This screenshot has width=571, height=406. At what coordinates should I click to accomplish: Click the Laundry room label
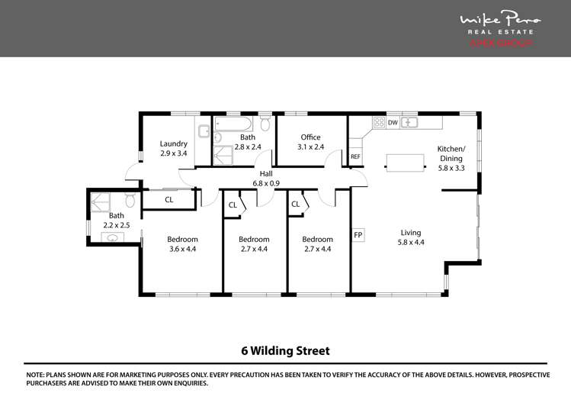pos(173,148)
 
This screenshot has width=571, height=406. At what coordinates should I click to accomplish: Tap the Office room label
pos(309,142)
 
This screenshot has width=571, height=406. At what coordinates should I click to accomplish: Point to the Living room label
pos(411,237)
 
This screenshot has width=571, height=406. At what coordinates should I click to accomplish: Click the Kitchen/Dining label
pos(450,153)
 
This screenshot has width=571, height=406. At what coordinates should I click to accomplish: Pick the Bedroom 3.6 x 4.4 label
pos(182,243)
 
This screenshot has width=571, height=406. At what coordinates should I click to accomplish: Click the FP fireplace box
pos(358,234)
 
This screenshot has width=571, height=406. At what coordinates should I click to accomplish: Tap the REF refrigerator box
pos(354,156)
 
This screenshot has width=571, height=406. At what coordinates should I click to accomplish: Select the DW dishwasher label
pos(393,122)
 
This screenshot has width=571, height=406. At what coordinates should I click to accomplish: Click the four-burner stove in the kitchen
pos(378,122)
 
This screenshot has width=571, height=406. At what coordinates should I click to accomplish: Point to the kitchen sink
pos(409,122)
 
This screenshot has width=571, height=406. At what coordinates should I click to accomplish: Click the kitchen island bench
pos(405,161)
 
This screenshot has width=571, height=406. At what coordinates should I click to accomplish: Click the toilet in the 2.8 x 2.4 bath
pos(265,123)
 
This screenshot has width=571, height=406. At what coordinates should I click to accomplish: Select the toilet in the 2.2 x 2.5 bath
pos(130,200)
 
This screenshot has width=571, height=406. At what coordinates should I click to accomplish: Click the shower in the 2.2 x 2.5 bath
pos(100,201)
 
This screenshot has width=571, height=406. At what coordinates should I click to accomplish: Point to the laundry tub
pos(204,131)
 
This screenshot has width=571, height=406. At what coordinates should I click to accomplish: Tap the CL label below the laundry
pos(168,200)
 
